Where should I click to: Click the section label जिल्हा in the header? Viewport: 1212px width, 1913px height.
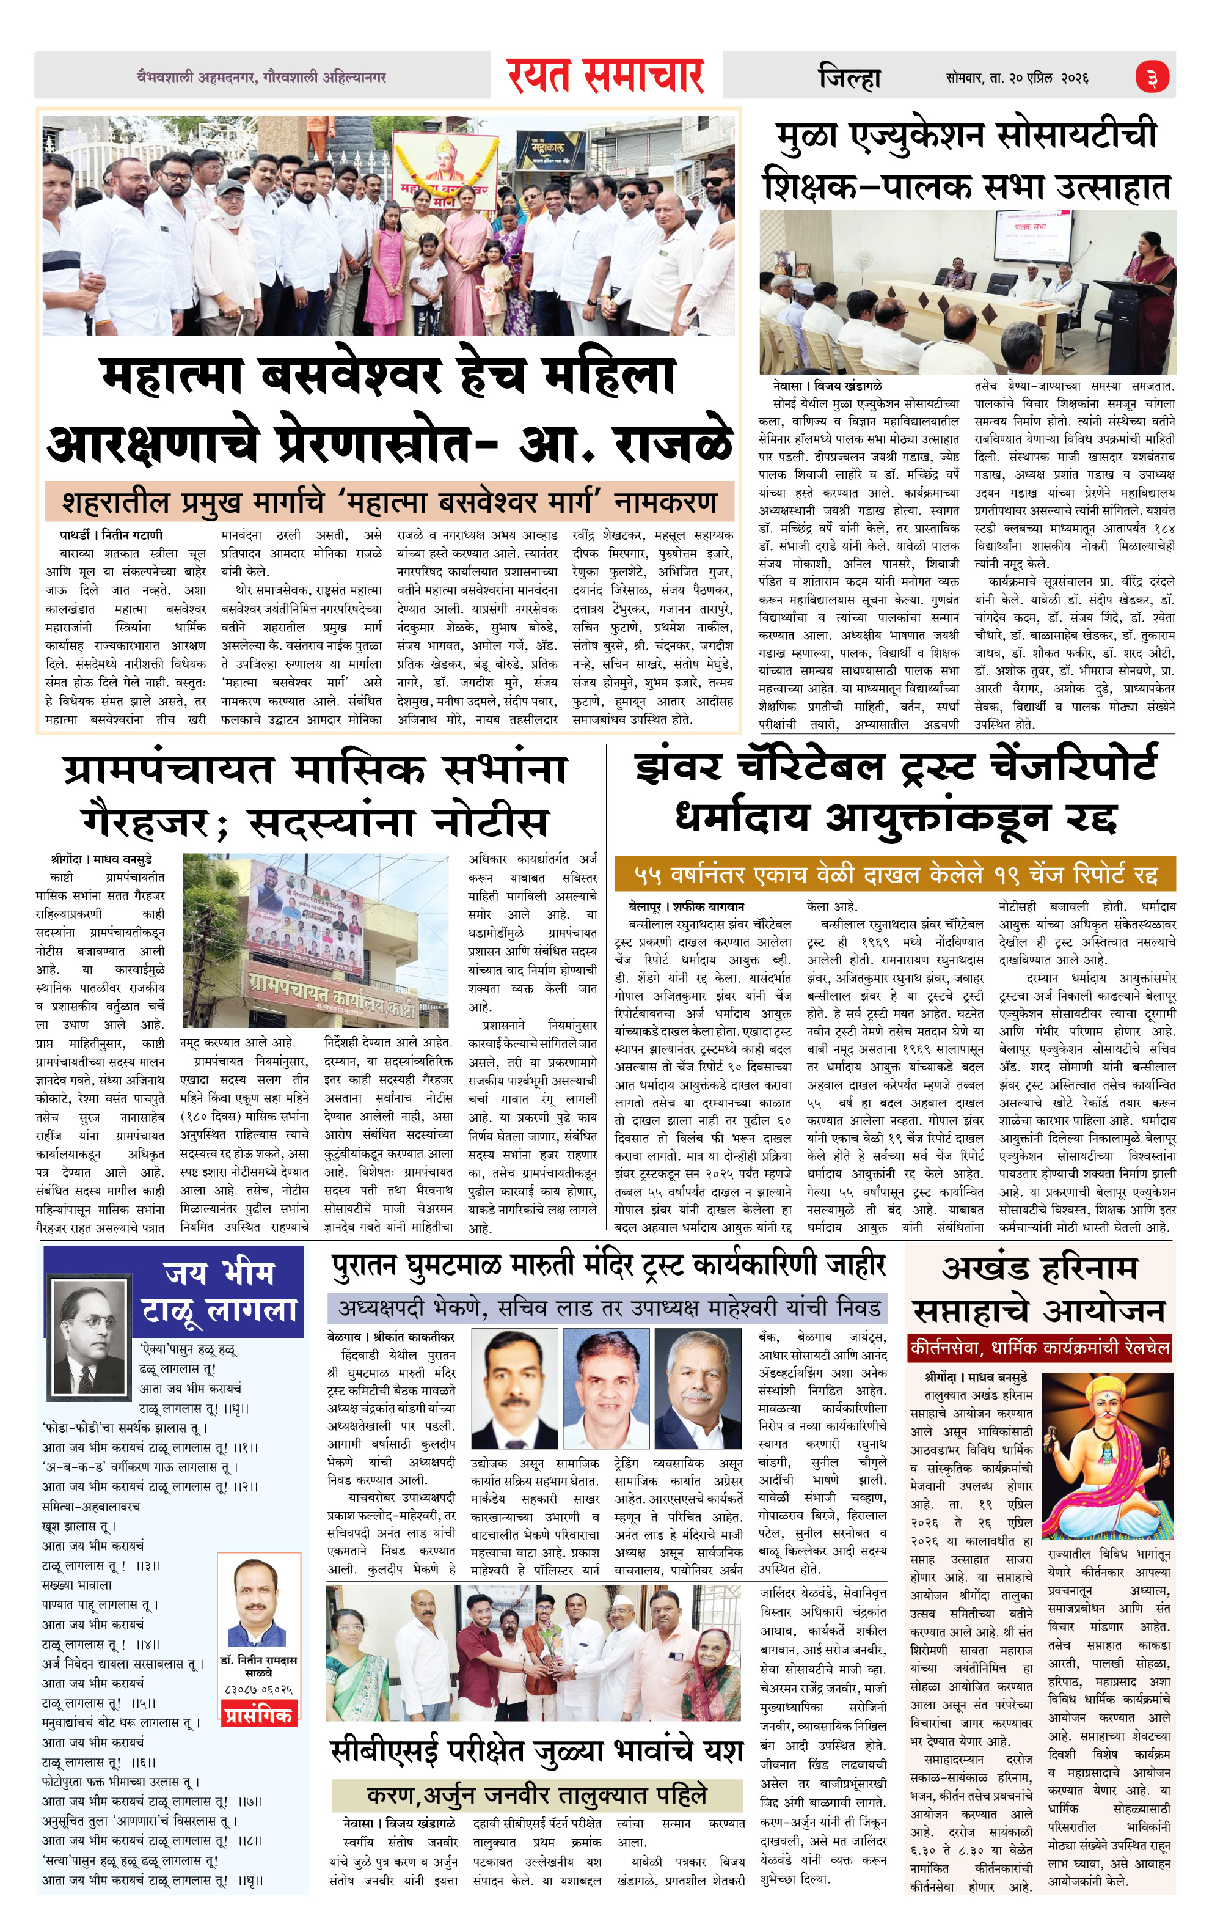click(849, 78)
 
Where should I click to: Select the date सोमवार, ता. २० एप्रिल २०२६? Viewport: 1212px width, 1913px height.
click(1017, 78)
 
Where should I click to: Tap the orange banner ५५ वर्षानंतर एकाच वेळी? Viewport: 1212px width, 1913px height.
click(894, 875)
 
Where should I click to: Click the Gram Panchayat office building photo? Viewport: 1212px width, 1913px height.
click(315, 940)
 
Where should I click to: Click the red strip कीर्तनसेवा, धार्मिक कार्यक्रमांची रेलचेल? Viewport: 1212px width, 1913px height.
click(1040, 1348)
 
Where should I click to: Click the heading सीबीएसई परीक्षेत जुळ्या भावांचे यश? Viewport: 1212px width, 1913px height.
click(536, 1750)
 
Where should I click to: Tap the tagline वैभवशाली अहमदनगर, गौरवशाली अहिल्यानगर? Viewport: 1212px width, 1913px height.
click(261, 77)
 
